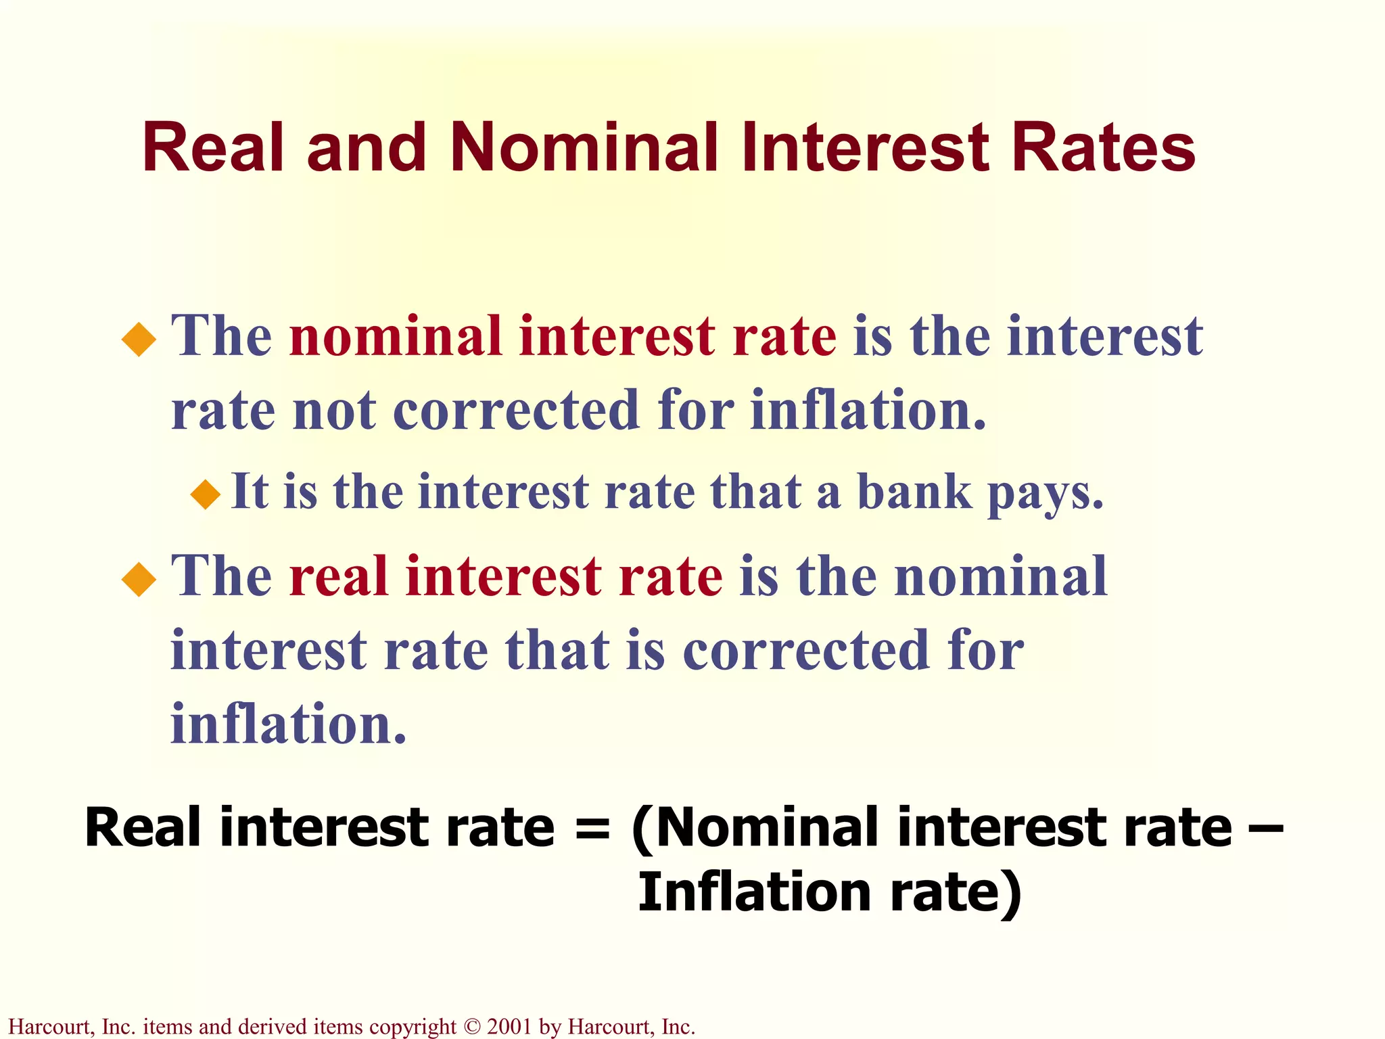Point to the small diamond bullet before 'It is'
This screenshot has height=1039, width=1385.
tap(206, 494)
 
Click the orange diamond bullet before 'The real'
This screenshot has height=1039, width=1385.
tap(139, 579)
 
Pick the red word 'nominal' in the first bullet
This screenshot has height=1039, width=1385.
tap(396, 337)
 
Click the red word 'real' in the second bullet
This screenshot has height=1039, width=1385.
tap(337, 577)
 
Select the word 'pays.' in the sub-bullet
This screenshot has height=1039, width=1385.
tap(1046, 494)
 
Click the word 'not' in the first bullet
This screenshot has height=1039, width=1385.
tap(334, 411)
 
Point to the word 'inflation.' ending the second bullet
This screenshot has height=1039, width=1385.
tap(289, 724)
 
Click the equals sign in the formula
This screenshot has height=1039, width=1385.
tap(592, 828)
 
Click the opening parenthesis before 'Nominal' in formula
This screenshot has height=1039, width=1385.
tap(642, 829)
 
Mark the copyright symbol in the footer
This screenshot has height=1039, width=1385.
tap(471, 1027)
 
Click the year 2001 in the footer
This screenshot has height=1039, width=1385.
tap(509, 1027)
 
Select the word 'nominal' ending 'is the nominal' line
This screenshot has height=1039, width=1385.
tap(1001, 577)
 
